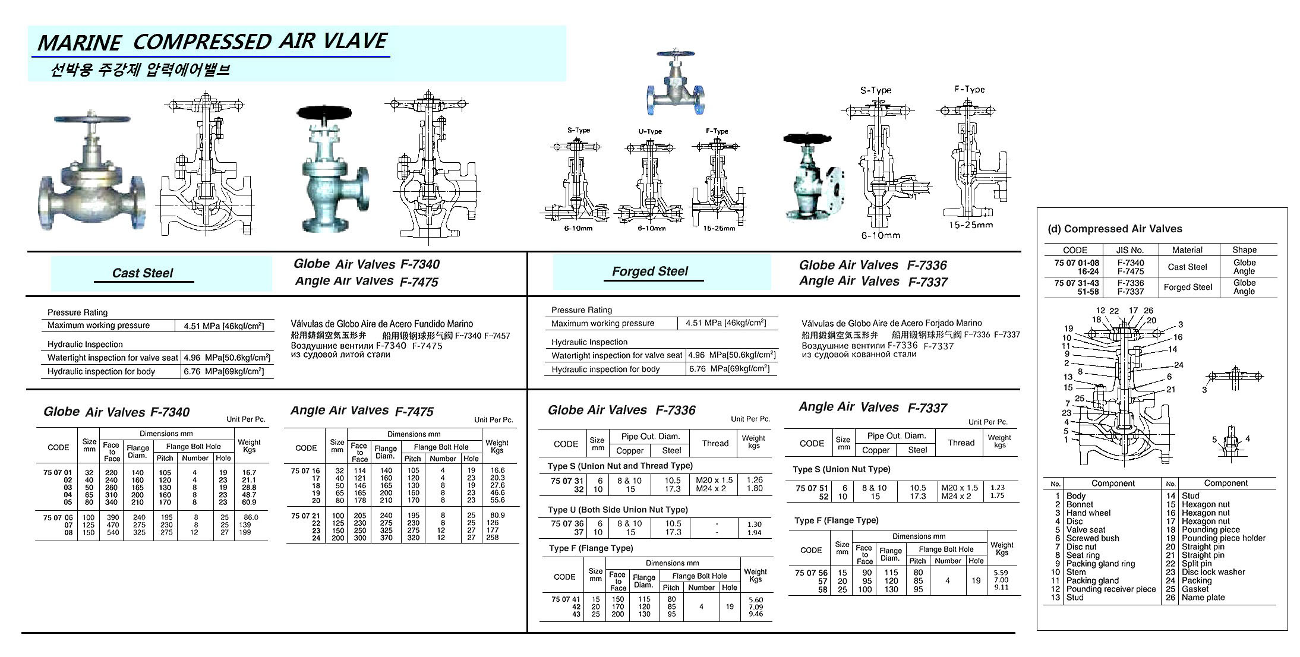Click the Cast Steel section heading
click(x=143, y=273)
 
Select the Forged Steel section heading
click(x=650, y=271)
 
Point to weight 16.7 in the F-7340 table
click(x=250, y=473)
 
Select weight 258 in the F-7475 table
click(x=493, y=538)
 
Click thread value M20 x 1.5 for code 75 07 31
click(x=714, y=480)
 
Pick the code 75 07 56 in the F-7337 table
click(x=811, y=573)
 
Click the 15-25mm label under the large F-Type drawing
click(x=970, y=225)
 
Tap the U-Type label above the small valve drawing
click(x=650, y=131)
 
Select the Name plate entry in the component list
click(x=1203, y=598)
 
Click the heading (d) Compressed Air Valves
click(x=1114, y=229)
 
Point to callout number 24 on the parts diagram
click(x=1178, y=365)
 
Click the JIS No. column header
click(x=1130, y=250)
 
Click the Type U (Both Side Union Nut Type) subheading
click(x=617, y=510)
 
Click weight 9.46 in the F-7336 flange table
click(x=756, y=614)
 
